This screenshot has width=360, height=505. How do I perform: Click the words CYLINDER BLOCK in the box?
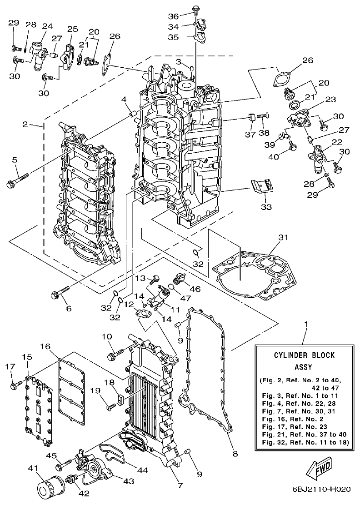304,355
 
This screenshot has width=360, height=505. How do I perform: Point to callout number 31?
283,237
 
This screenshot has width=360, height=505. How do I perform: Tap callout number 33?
266,207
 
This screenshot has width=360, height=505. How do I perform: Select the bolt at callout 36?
196,9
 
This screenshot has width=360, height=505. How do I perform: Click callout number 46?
195,288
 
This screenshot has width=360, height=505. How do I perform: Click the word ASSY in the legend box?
304,367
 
